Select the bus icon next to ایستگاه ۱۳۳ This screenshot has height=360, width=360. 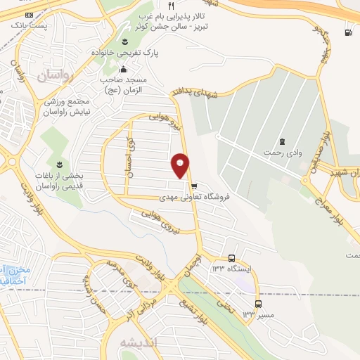[x=232, y=258]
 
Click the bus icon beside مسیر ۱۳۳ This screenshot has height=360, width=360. [x=258, y=304]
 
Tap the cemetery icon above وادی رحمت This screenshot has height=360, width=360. [x=282, y=142]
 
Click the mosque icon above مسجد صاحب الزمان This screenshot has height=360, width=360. [x=124, y=69]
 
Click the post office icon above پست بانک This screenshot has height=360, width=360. [x=28, y=15]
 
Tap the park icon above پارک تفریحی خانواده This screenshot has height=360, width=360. [x=125, y=40]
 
